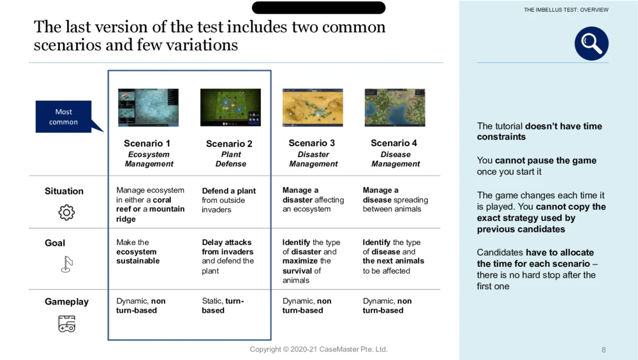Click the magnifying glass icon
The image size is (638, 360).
point(591,43)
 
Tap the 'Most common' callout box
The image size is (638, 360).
point(63,116)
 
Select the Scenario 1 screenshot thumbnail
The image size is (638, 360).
point(148,107)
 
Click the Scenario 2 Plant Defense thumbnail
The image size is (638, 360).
point(230,107)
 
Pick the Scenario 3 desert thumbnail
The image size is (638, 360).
point(313,107)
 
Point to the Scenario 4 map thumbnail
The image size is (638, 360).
point(395,107)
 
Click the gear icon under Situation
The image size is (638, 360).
point(66,212)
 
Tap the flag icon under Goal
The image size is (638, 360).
point(66,264)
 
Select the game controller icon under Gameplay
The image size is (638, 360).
point(67,324)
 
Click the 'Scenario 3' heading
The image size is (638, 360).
point(312,143)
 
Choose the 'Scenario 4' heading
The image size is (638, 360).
point(394,143)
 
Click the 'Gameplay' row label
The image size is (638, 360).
point(67,302)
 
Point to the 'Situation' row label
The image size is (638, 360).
point(64,191)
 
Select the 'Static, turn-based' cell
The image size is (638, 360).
point(223,306)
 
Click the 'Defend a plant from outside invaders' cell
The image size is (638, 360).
point(228,200)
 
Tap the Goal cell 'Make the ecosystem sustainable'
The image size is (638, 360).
point(138,251)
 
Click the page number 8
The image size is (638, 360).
point(604,350)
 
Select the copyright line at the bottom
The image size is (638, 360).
point(318,349)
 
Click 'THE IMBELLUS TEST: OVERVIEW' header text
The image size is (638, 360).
point(566,10)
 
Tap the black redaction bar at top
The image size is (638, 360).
point(318,7)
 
